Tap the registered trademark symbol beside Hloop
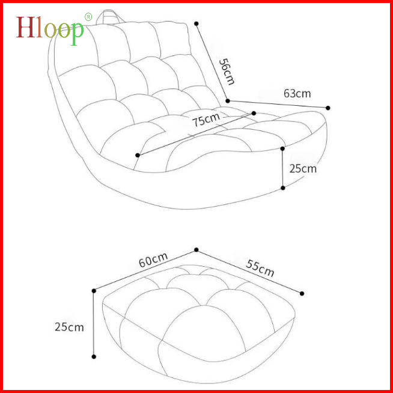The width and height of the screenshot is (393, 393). click(88, 16)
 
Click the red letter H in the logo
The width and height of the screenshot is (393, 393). click(25, 26)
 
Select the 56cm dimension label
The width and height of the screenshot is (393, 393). click(225, 71)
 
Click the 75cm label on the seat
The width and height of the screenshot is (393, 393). click(206, 120)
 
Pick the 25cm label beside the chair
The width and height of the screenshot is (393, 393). click(302, 169)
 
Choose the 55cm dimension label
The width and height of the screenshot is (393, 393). click(260, 267)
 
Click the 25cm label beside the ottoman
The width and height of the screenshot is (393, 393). click(69, 327)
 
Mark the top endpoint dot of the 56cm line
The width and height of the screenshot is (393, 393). click(196, 23)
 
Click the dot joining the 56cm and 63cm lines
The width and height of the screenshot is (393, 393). click(228, 100)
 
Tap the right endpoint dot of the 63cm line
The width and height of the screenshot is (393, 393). click(328, 108)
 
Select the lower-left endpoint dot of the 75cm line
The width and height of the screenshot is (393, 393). click(138, 155)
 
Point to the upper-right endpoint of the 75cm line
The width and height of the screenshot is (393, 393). click(254, 112)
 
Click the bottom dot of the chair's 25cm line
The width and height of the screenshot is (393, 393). click(283, 188)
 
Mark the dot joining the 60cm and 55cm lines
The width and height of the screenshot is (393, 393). click(196, 249)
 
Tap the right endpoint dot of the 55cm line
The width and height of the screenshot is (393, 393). click(302, 293)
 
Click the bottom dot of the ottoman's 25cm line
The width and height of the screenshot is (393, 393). click(94, 357)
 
